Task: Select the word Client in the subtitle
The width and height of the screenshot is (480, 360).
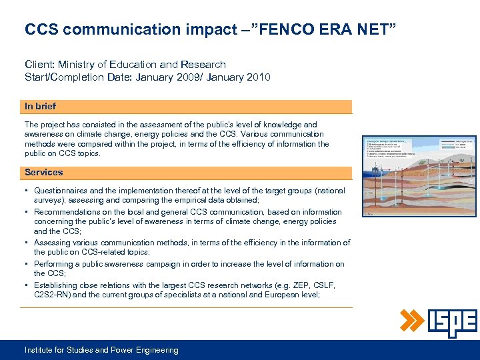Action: (39, 65)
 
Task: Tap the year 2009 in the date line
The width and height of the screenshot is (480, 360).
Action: (186, 77)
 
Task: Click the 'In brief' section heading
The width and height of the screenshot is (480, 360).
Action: (40, 107)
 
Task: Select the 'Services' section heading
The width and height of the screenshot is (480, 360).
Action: (43, 173)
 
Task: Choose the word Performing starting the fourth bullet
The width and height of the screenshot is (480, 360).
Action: (55, 264)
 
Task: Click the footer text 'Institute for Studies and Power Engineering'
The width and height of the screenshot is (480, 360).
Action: (101, 350)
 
